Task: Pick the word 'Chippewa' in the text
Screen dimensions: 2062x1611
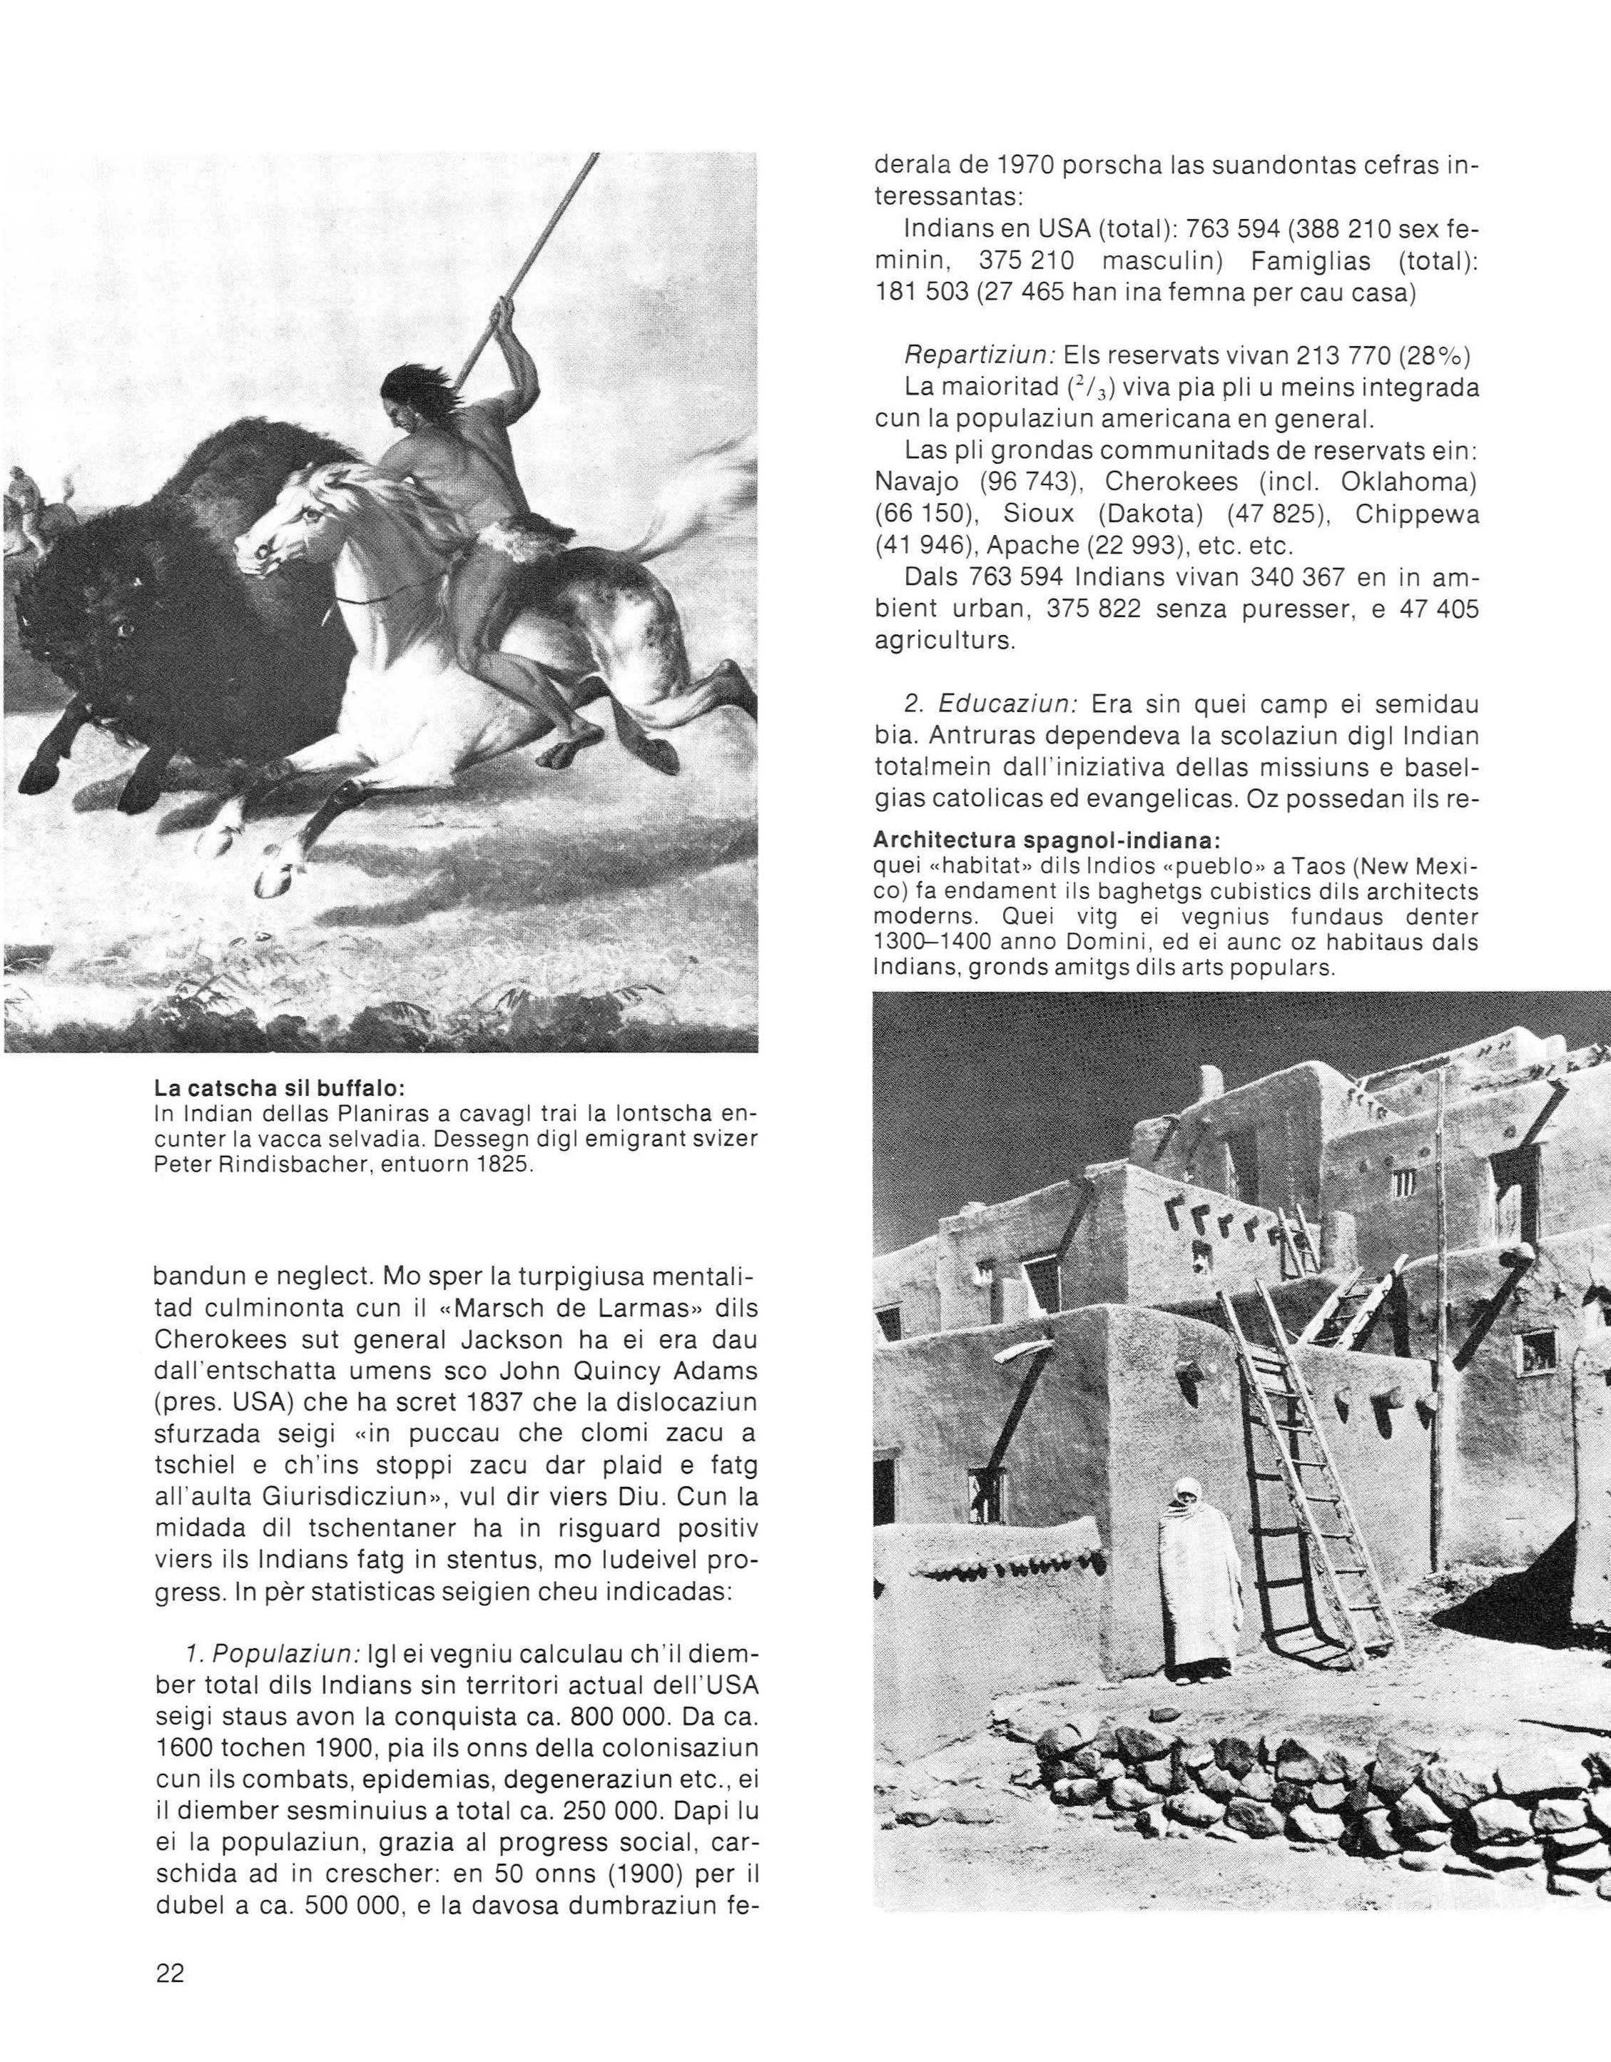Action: coord(1416,514)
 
